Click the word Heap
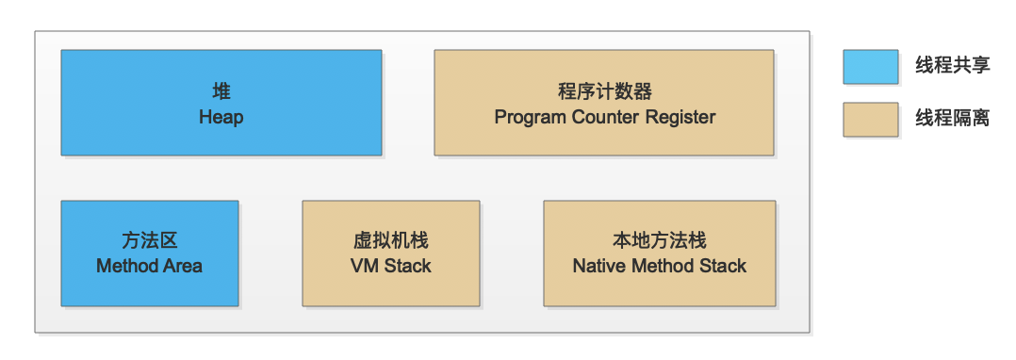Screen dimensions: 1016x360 221,117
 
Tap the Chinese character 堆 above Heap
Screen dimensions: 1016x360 221,91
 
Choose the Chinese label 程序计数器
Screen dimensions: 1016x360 604,91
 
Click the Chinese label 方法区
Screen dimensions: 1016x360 150,241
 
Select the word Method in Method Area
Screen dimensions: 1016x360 126,266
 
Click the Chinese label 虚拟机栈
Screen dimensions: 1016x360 391,241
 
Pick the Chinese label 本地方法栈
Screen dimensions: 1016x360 660,241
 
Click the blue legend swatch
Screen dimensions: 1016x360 870,67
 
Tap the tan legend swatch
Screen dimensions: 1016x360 870,119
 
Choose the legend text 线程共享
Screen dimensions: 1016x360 953,66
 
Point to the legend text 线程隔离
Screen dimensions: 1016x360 953,119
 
